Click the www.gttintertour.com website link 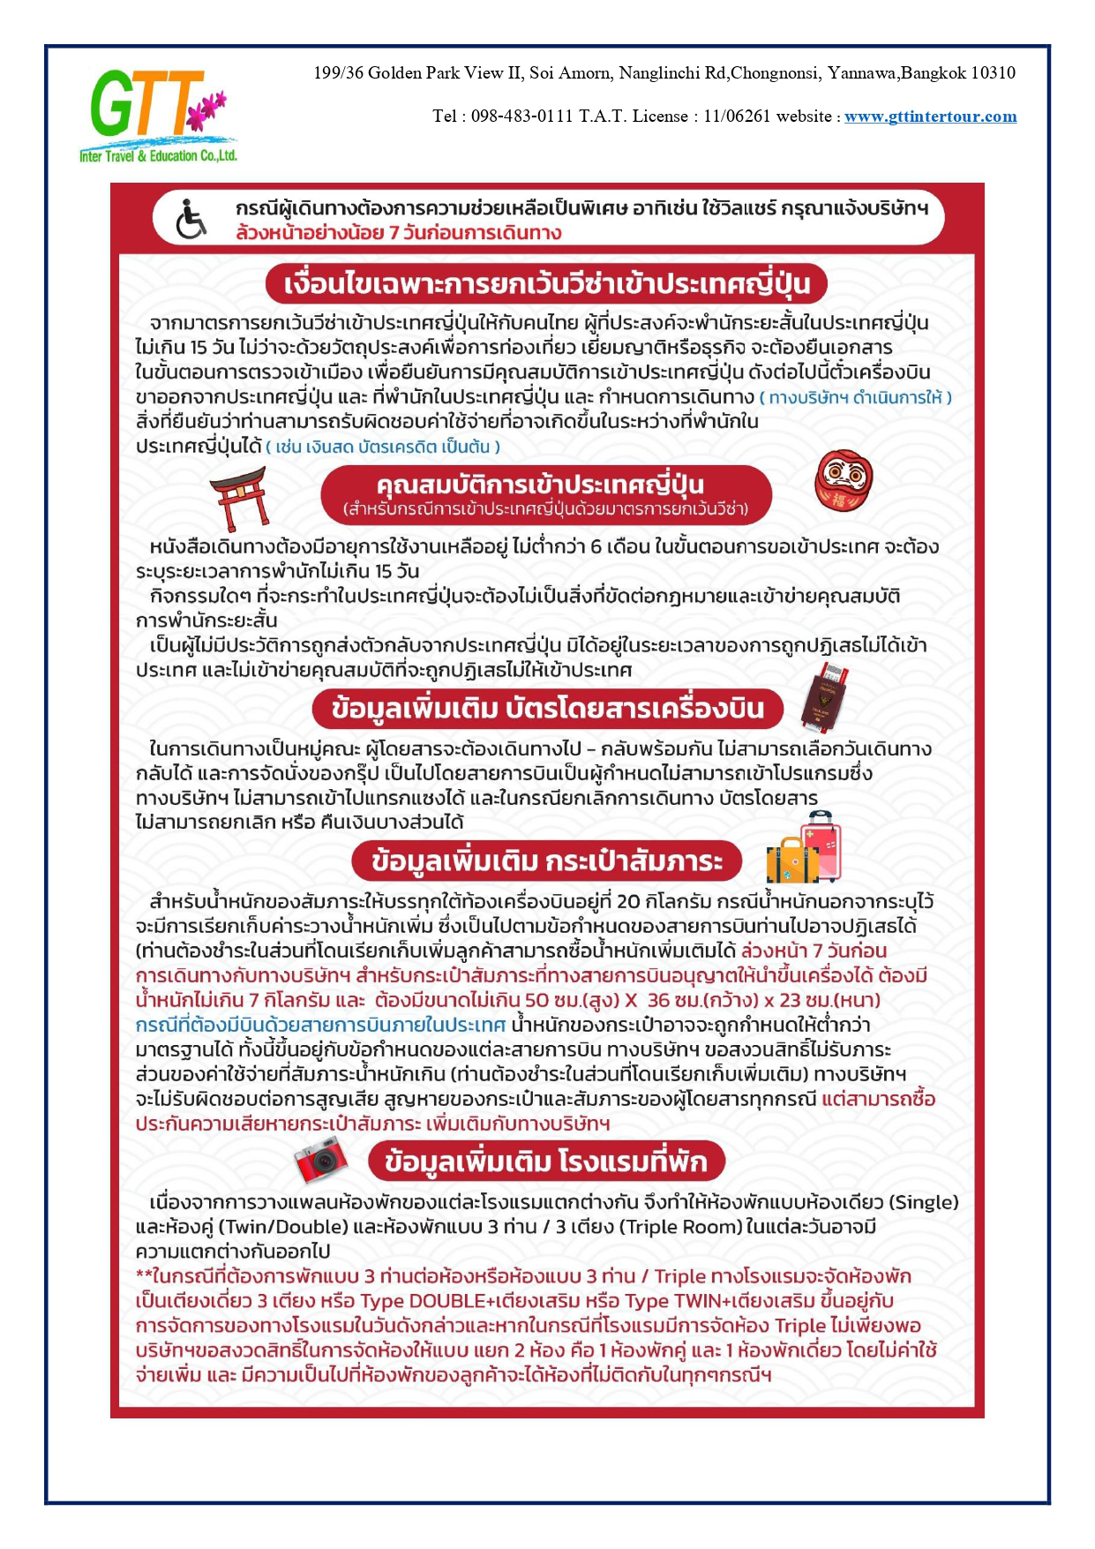tap(930, 117)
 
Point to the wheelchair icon tap(191, 220)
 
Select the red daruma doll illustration tap(843, 482)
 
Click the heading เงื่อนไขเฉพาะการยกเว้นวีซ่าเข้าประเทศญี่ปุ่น tap(547, 284)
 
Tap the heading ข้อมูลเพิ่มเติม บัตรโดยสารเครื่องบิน tap(547, 709)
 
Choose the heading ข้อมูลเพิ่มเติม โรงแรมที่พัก tap(547, 1162)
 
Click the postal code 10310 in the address tap(993, 73)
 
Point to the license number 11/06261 tap(737, 117)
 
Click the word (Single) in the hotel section tap(923, 1202)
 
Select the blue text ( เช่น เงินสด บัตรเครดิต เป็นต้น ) tap(383, 447)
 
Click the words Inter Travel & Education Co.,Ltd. tap(159, 156)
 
